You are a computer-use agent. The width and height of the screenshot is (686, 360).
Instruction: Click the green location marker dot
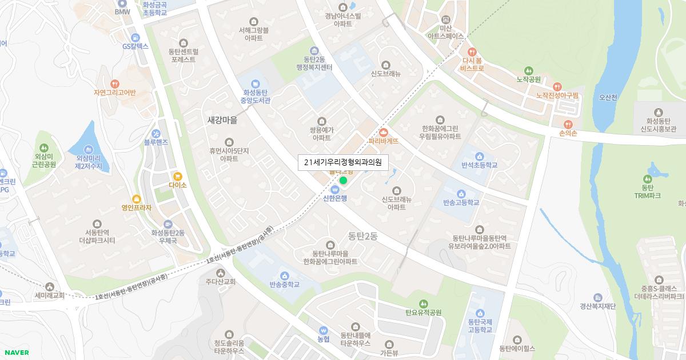click(x=343, y=181)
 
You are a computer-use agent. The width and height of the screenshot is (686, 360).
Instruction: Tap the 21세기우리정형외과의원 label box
click(x=343, y=162)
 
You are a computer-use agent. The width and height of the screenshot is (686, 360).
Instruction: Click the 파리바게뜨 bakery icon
click(x=383, y=132)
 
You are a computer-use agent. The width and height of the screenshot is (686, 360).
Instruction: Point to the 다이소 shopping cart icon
click(x=178, y=176)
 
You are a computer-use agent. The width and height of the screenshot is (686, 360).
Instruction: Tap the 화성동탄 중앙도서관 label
click(x=256, y=96)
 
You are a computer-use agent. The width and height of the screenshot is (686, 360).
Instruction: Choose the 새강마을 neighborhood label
click(x=222, y=121)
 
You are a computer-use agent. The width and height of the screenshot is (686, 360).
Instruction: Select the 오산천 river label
click(x=608, y=97)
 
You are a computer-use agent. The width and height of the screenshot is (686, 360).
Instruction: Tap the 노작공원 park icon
click(x=528, y=70)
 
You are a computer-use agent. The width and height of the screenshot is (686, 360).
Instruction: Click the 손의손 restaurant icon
click(x=568, y=124)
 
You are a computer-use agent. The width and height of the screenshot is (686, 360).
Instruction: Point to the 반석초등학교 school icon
click(x=479, y=155)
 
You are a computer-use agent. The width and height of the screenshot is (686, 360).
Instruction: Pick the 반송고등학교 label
click(x=461, y=202)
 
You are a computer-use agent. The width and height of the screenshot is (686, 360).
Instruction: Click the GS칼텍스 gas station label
click(x=135, y=46)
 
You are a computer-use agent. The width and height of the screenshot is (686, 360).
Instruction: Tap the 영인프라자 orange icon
click(x=136, y=199)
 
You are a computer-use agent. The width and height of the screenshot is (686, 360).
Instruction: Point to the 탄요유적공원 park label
click(x=424, y=312)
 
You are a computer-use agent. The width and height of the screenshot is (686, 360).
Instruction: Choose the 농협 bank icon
click(x=323, y=330)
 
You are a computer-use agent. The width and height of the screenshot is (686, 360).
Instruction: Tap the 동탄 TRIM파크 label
click(x=648, y=191)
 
